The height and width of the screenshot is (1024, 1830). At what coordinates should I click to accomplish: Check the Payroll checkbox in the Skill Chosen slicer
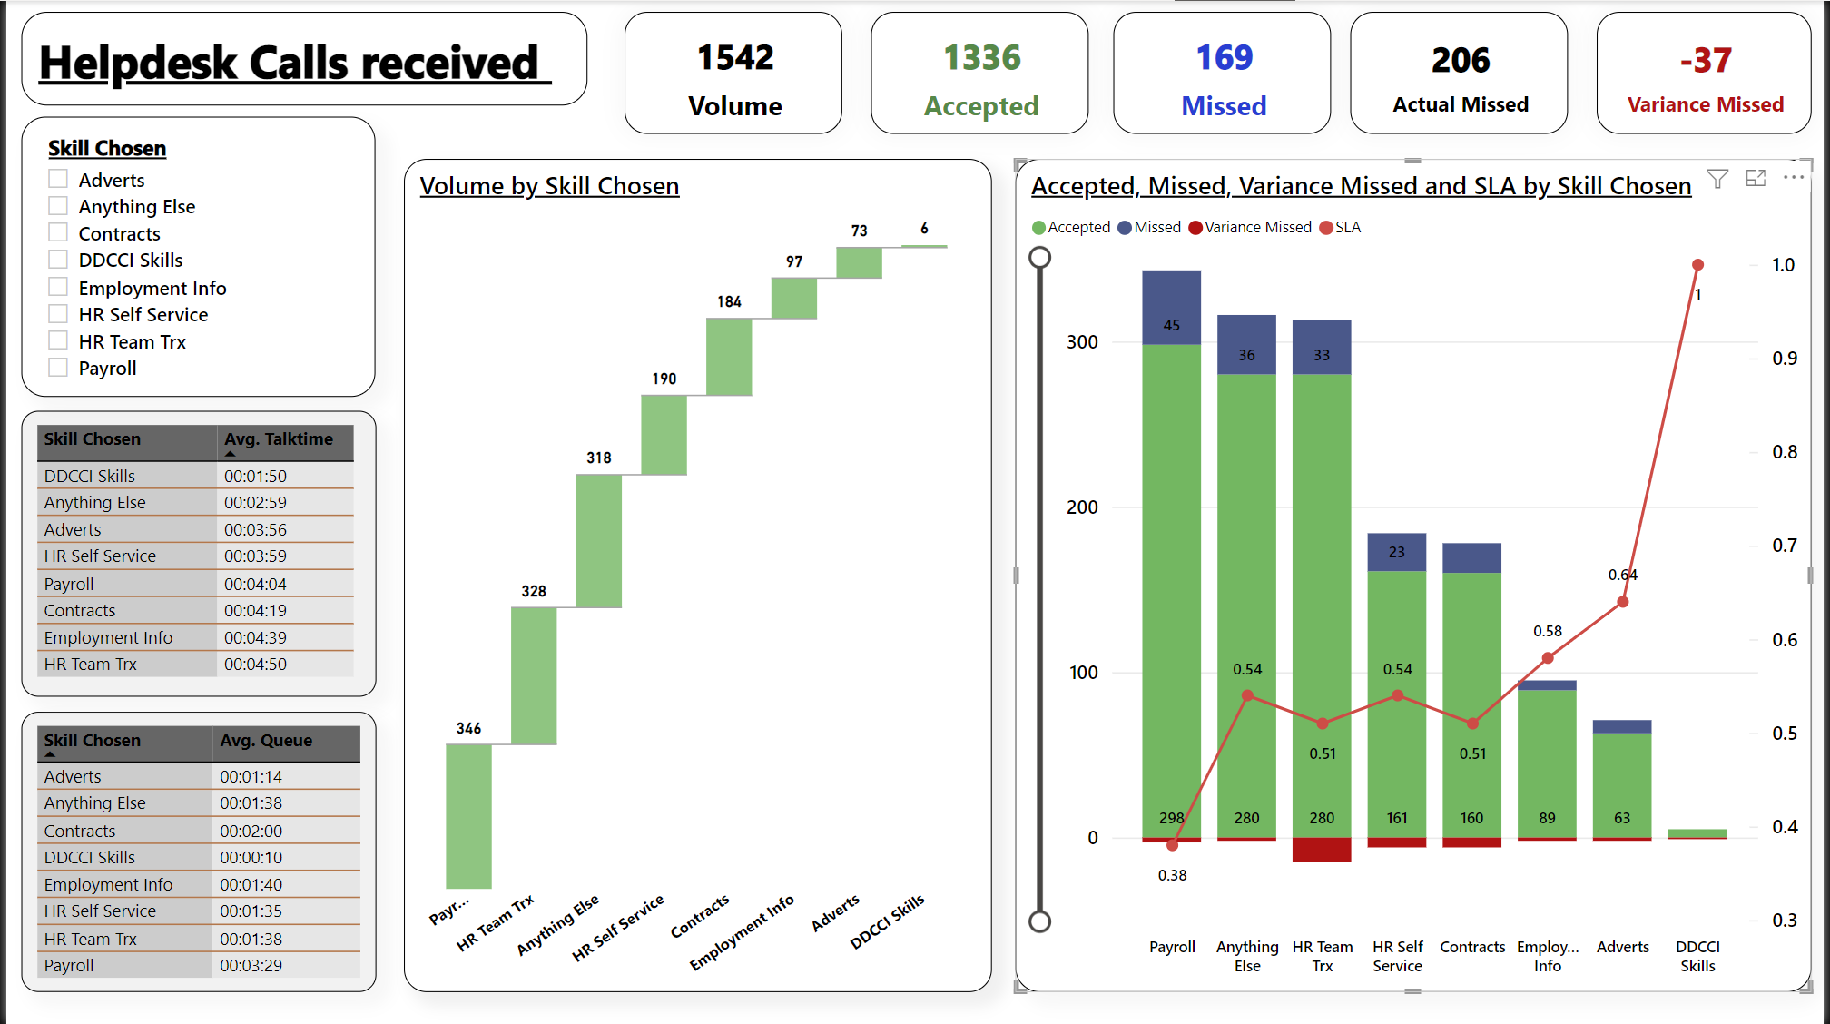pyautogui.click(x=58, y=368)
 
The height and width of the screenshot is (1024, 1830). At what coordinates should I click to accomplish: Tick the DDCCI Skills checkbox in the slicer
pyautogui.click(x=58, y=260)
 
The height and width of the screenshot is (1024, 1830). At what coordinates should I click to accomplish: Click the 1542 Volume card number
pyautogui.click(x=734, y=58)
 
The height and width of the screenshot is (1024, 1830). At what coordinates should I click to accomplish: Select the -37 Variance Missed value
pyautogui.click(x=1705, y=61)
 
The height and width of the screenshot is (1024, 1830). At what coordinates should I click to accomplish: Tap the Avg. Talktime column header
pyautogui.click(x=279, y=439)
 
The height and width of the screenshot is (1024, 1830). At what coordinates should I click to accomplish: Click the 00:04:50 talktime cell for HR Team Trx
pyautogui.click(x=255, y=665)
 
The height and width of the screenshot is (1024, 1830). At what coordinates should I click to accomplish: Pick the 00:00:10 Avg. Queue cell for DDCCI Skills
pyautogui.click(x=251, y=858)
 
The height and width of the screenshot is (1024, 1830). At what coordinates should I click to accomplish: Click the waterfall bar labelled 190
pyautogui.click(x=664, y=435)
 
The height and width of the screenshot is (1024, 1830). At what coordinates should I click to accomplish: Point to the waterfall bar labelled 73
pyautogui.click(x=859, y=263)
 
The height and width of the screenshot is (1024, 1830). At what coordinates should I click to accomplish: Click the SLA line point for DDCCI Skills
pyautogui.click(x=1697, y=265)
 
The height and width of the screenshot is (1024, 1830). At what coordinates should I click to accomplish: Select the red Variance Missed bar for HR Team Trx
pyautogui.click(x=1322, y=850)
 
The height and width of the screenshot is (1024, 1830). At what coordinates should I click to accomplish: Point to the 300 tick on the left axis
pyautogui.click(x=1082, y=342)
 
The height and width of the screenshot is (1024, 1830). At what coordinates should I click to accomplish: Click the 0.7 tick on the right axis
pyautogui.click(x=1784, y=546)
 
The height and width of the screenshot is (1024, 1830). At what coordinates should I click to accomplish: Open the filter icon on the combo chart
pyautogui.click(x=1717, y=179)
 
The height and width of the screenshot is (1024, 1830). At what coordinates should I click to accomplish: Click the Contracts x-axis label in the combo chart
pyautogui.click(x=1472, y=947)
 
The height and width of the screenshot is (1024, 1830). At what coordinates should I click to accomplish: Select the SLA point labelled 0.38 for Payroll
pyautogui.click(x=1172, y=845)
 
